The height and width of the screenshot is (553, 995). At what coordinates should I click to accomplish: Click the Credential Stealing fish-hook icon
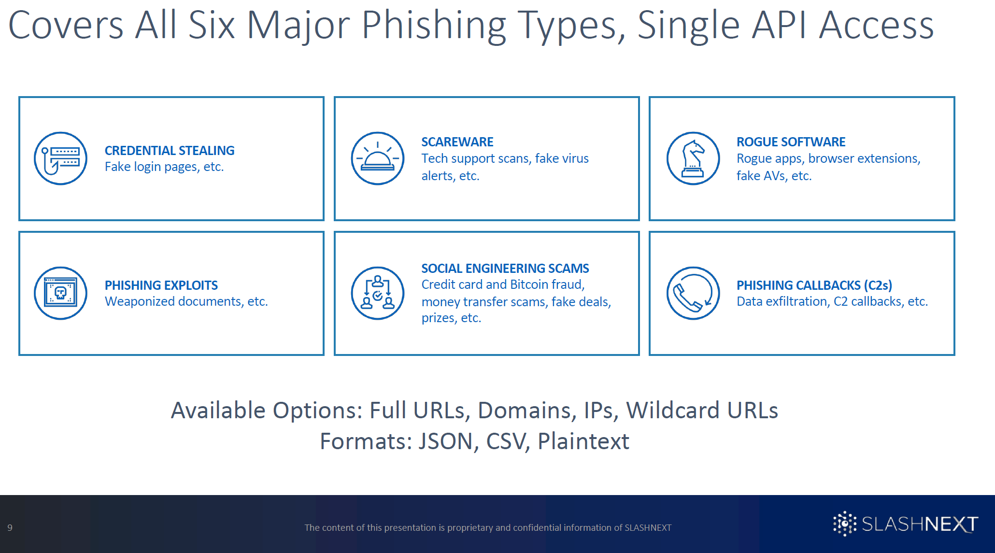[x=60, y=158]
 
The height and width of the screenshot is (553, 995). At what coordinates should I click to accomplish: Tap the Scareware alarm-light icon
[x=377, y=158]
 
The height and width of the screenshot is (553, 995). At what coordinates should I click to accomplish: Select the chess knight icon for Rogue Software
[x=693, y=158]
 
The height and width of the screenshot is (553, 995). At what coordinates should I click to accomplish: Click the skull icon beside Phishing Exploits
[x=60, y=293]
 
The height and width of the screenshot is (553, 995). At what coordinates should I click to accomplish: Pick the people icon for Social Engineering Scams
[x=377, y=293]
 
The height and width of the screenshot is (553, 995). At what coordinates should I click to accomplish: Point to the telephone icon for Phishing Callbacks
[x=693, y=293]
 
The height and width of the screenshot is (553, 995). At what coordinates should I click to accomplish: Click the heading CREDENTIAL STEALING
[x=170, y=151]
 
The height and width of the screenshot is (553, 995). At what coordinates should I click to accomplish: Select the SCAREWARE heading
[x=457, y=142]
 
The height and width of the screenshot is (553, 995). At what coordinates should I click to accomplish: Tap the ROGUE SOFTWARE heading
[x=791, y=142]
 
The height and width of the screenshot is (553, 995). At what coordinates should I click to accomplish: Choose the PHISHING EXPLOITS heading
[x=161, y=285]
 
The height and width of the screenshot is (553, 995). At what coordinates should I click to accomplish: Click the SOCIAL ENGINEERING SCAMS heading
[x=505, y=269]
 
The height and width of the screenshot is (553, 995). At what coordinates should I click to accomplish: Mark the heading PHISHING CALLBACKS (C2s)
[x=814, y=285]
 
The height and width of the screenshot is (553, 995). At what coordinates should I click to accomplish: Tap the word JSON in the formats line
[x=446, y=441]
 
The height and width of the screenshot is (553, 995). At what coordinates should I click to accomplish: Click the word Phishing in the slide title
[x=433, y=25]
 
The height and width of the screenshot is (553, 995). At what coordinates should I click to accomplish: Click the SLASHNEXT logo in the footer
[x=906, y=524]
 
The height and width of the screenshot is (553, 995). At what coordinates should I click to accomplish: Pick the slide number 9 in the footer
[x=10, y=527]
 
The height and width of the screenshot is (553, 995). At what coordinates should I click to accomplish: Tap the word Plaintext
[x=583, y=441]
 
